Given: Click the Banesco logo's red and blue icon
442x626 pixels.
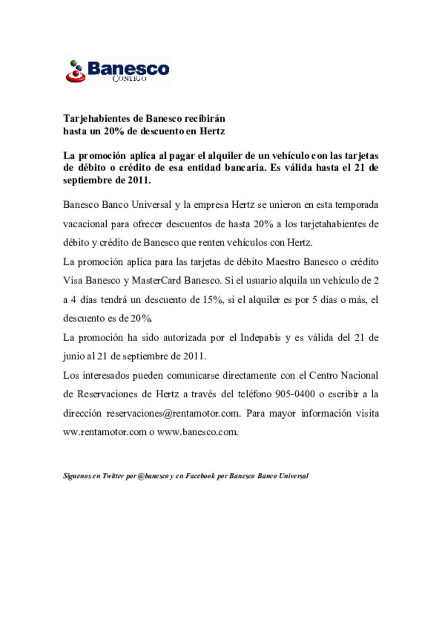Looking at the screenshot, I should pyautogui.click(x=75, y=71).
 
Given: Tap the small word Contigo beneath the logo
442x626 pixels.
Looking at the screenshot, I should pyautogui.click(x=129, y=78).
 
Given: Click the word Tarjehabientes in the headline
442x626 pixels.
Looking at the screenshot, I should pyautogui.click(x=97, y=118).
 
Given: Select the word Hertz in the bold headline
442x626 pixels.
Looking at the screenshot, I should pyautogui.click(x=212, y=131).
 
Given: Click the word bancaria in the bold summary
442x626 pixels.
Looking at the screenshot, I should pyautogui.click(x=244, y=168).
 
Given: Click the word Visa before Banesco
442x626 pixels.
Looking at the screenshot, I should pyautogui.click(x=73, y=281).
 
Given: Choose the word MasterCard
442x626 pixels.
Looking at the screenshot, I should pyautogui.click(x=156, y=281).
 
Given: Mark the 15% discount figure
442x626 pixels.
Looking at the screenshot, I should pyautogui.click(x=213, y=299).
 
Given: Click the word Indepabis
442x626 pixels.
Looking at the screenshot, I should pyautogui.click(x=260, y=338).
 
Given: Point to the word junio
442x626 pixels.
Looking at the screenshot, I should pyautogui.click(x=74, y=356).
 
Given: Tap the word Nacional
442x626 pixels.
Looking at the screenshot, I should pyautogui.click(x=359, y=375).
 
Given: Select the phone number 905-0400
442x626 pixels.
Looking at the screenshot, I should pyautogui.click(x=295, y=394).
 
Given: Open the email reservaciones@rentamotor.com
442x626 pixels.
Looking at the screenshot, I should pyautogui.click(x=173, y=413).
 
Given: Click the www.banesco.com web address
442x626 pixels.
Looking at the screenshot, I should pyautogui.click(x=197, y=432).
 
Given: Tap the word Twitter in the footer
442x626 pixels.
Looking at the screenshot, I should pyautogui.click(x=113, y=476).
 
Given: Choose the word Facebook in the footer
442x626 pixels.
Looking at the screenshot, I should pyautogui.click(x=200, y=476).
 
